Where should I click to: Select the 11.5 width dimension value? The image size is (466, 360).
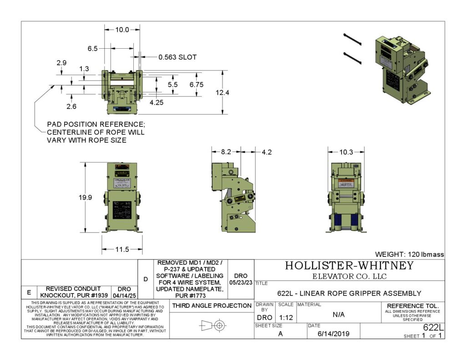122,249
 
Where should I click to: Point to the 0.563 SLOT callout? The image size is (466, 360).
177,57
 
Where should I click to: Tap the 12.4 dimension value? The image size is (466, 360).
223,93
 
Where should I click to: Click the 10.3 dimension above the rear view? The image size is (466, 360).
346,152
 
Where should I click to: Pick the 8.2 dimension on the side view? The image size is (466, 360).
226,152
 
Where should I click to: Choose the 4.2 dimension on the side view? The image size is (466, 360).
266,152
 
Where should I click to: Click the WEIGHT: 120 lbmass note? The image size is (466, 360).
409,254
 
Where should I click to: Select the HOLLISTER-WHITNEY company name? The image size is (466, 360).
349,266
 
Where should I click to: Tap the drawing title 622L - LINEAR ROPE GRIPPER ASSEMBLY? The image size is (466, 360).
349,294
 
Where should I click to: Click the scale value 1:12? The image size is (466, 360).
285,317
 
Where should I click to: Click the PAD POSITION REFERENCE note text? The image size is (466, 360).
96,132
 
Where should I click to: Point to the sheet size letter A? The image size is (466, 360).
279,334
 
